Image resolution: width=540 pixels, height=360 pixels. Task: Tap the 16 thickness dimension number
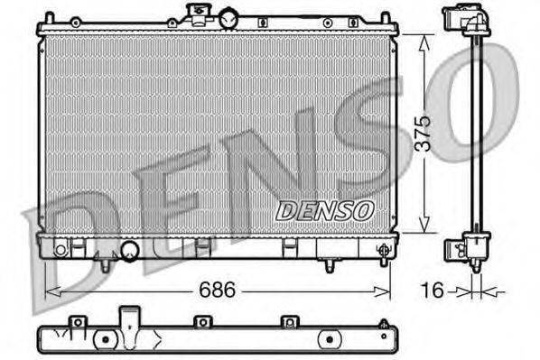[433, 291]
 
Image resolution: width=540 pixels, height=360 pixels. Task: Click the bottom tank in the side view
[475, 245]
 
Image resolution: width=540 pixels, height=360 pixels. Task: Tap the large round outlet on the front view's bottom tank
[129, 251]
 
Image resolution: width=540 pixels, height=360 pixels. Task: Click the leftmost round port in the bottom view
[106, 340]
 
